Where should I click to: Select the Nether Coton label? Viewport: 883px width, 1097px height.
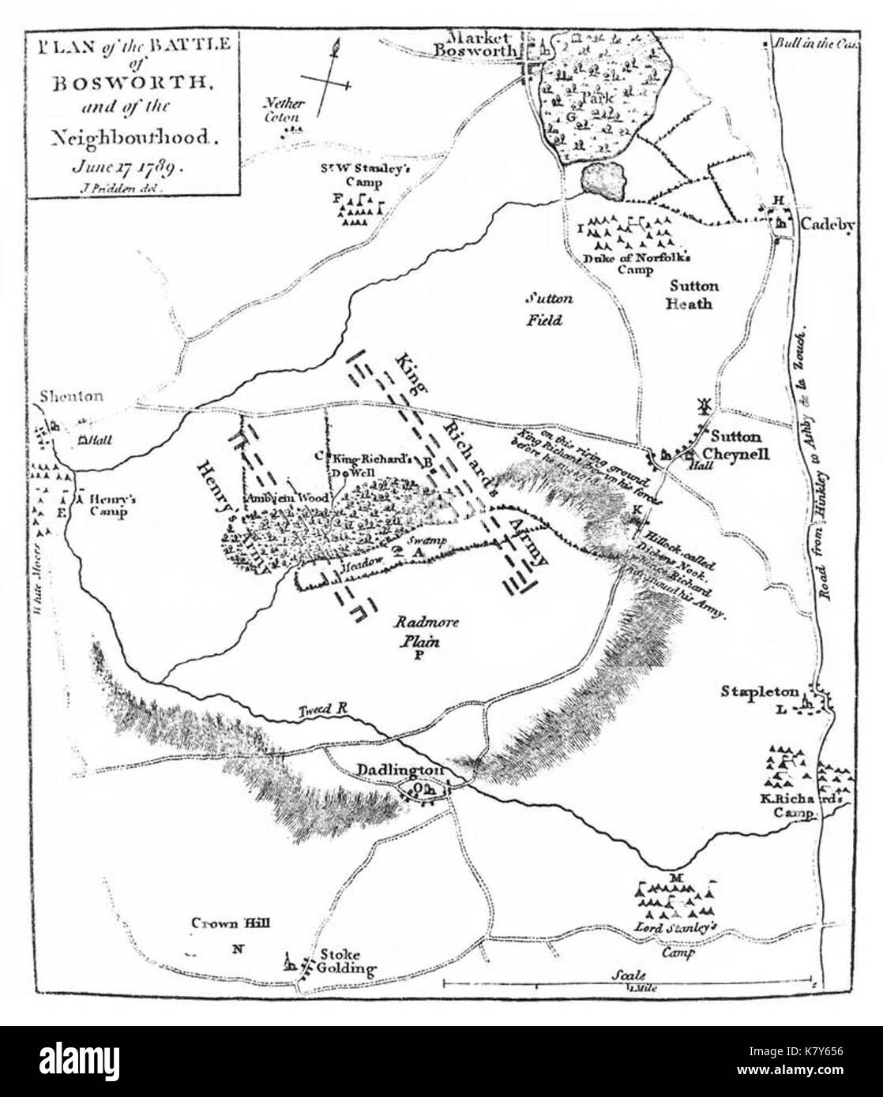(284, 110)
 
